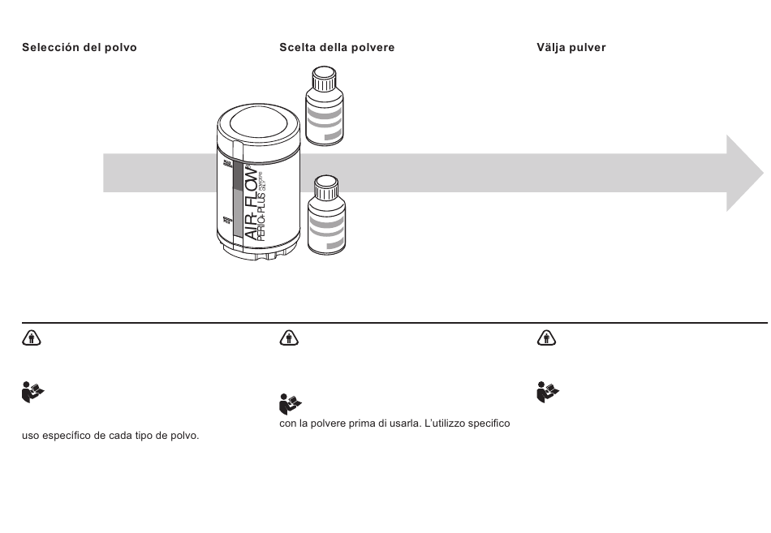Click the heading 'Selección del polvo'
(79, 48)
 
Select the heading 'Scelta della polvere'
(337, 48)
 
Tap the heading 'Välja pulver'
(571, 48)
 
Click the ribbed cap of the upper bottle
(325, 79)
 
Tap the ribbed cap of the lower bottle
(325, 189)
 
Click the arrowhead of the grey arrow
(743, 173)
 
